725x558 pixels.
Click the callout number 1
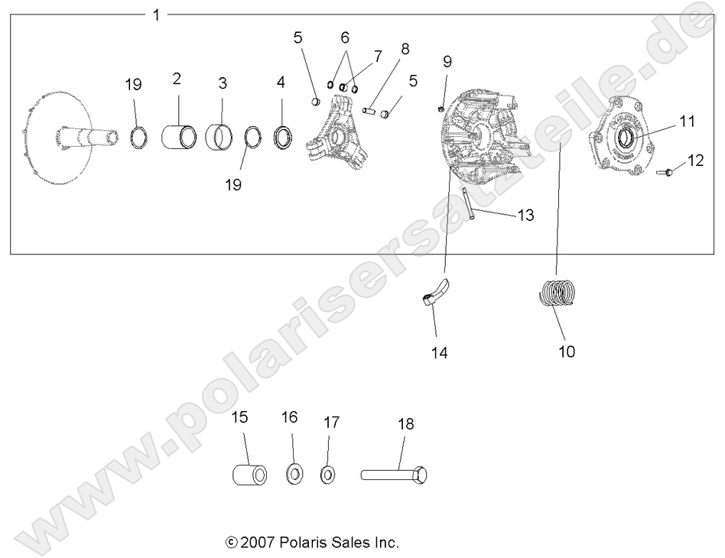click(156, 15)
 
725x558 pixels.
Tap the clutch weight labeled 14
click(437, 294)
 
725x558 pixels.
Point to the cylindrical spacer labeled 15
click(249, 474)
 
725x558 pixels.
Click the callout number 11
click(686, 120)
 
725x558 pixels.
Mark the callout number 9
click(447, 61)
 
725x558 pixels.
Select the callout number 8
click(405, 49)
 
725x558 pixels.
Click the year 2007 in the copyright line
click(258, 543)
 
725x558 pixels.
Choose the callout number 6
click(344, 37)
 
